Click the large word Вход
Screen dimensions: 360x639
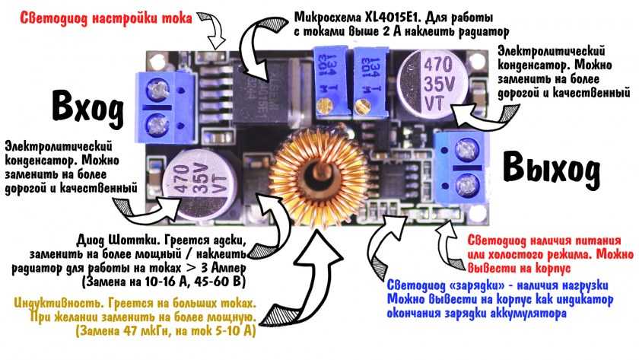click(x=87, y=108)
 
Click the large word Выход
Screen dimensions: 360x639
click(x=549, y=167)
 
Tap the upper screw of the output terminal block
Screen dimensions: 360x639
click(x=466, y=146)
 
